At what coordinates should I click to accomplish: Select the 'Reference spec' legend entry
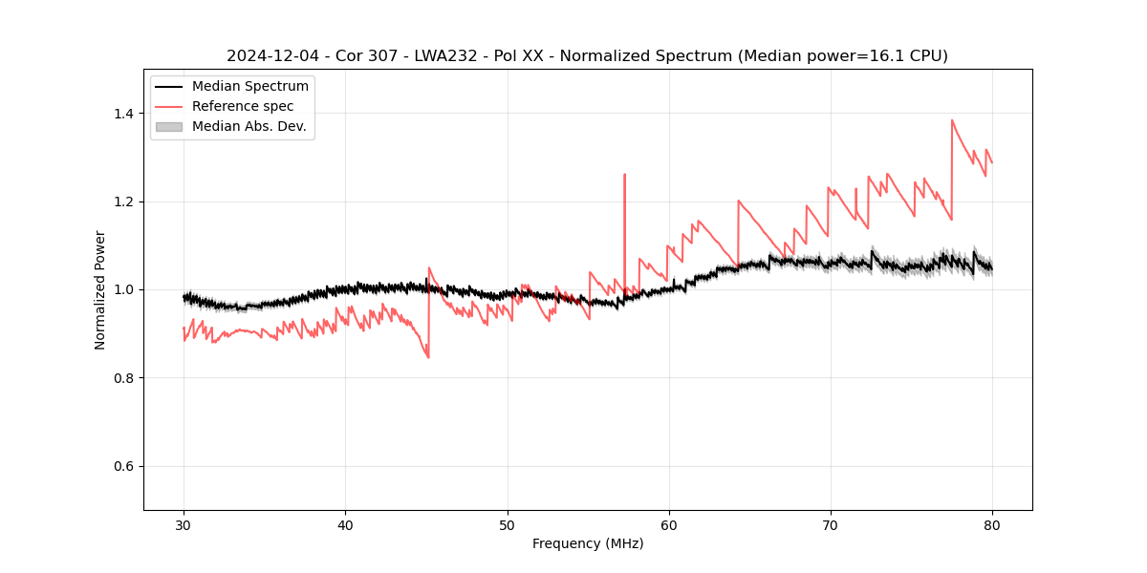click(x=243, y=106)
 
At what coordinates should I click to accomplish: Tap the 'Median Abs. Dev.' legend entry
click(x=249, y=126)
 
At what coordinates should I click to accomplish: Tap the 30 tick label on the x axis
click(x=184, y=524)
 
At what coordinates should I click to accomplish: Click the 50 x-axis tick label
click(x=508, y=524)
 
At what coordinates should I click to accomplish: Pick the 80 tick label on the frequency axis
click(x=992, y=524)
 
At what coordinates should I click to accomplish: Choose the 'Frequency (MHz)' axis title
click(x=588, y=543)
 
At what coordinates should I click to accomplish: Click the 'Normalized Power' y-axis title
click(x=100, y=289)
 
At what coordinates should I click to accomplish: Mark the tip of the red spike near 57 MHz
click(x=624, y=175)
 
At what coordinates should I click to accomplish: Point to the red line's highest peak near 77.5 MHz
click(x=952, y=120)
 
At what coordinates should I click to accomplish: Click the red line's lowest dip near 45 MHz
click(x=428, y=357)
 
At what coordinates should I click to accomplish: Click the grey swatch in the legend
click(x=168, y=126)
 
